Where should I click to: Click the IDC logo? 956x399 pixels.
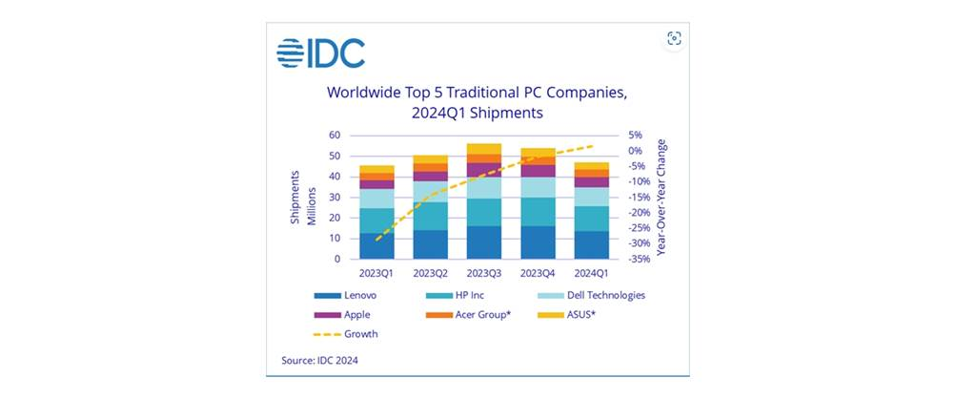[x=320, y=53]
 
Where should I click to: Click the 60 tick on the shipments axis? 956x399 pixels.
[x=336, y=135]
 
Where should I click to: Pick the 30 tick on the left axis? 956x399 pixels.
[x=336, y=197]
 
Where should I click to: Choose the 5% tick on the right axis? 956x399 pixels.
[x=637, y=135]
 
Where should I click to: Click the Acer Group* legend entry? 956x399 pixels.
[x=481, y=314]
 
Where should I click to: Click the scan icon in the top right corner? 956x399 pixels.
[x=674, y=38]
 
